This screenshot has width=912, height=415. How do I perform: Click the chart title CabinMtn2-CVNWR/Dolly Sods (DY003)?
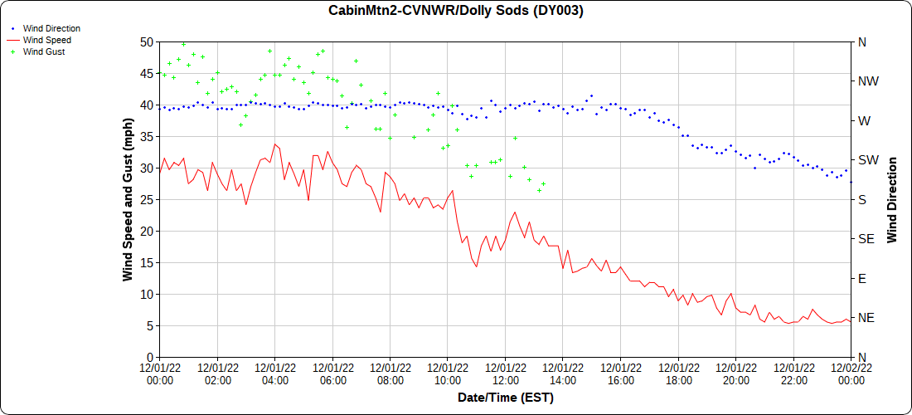[x=455, y=11]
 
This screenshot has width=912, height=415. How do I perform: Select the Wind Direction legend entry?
[x=51, y=28]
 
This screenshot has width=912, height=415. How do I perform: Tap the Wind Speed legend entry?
[x=46, y=40]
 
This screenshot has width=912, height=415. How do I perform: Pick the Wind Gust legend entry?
[x=43, y=51]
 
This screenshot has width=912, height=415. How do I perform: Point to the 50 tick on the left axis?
[x=146, y=41]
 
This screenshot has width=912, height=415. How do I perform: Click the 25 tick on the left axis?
[x=146, y=199]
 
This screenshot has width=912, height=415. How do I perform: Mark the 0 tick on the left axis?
[x=149, y=357]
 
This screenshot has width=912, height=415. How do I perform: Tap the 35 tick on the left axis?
[x=146, y=136]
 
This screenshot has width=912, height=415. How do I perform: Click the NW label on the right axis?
[x=867, y=81]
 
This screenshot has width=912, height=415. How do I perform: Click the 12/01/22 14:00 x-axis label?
[x=563, y=374]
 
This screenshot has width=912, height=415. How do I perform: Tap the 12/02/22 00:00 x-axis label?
[x=851, y=374]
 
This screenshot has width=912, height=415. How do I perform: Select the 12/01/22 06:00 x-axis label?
[x=332, y=374]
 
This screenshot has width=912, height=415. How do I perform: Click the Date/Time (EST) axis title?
[x=505, y=398]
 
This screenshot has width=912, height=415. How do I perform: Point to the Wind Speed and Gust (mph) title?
[x=128, y=199]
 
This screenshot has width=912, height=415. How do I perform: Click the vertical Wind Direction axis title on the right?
[x=892, y=199]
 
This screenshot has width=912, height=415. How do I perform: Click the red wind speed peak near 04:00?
[x=275, y=144]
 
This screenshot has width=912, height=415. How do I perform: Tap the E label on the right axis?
[x=861, y=278]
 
